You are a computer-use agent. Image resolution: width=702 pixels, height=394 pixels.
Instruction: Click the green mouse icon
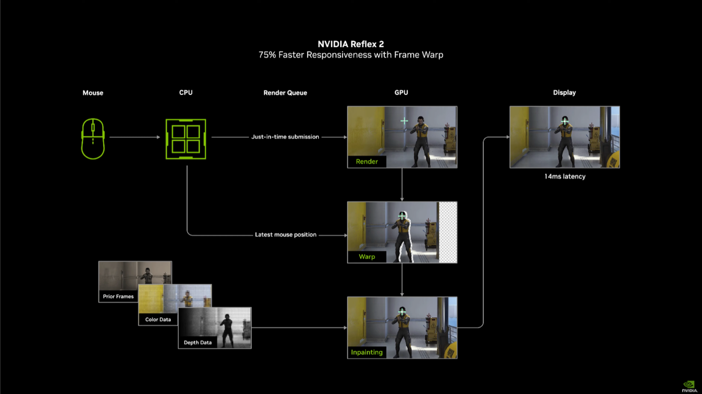pyautogui.click(x=93, y=139)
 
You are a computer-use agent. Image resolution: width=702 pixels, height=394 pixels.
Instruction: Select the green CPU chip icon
pyautogui.click(x=186, y=139)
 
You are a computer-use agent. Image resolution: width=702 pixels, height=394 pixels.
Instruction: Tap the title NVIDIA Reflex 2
pyautogui.click(x=351, y=44)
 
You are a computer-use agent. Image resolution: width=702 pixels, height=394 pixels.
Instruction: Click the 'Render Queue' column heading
pyautogui.click(x=285, y=93)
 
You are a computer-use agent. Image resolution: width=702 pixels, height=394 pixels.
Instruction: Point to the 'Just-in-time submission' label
pyautogui.click(x=285, y=137)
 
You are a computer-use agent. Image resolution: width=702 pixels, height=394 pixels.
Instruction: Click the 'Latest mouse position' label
pyautogui.click(x=286, y=234)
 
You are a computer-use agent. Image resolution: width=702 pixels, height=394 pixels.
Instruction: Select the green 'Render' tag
pyautogui.click(x=367, y=162)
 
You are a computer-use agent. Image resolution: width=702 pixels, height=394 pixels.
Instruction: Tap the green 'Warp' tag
pyautogui.click(x=367, y=256)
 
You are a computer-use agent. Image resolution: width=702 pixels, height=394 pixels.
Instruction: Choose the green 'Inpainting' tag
pyautogui.click(x=367, y=352)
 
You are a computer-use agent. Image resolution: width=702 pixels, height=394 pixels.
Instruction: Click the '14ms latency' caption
pyautogui.click(x=565, y=176)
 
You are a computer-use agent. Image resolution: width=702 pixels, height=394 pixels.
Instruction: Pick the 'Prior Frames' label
pyautogui.click(x=118, y=296)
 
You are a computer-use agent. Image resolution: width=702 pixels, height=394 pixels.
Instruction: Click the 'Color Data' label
pyautogui.click(x=158, y=319)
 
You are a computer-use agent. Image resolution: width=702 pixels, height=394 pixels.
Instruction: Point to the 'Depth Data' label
pyautogui.click(x=198, y=343)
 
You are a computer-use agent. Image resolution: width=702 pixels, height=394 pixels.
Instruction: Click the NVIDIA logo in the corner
pyautogui.click(x=689, y=386)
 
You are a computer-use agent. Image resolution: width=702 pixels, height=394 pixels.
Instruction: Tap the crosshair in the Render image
pyautogui.click(x=404, y=121)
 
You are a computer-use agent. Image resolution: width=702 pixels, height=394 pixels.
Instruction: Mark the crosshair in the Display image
pyautogui.click(x=565, y=121)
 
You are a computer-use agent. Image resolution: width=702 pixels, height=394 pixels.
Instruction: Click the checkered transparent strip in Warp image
pyautogui.click(x=448, y=232)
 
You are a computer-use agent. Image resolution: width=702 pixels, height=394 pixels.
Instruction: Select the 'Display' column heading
pyautogui.click(x=564, y=93)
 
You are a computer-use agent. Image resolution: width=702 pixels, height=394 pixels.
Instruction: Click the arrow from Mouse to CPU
pyautogui.click(x=135, y=137)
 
